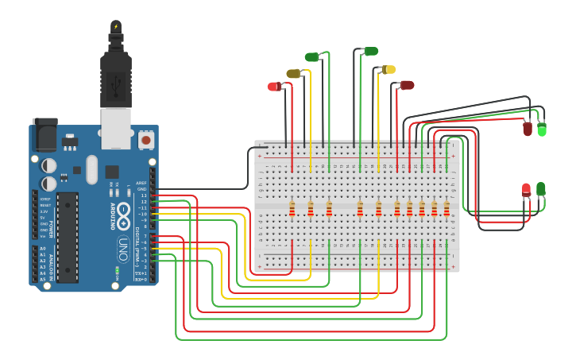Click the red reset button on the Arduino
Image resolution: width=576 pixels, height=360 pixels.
(x=145, y=140)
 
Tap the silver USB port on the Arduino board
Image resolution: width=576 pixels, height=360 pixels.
(x=116, y=128)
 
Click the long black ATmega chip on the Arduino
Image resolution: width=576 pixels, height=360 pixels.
(x=68, y=236)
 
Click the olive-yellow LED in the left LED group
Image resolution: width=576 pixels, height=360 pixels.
(x=293, y=74)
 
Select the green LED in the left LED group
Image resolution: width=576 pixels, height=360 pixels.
(x=312, y=56)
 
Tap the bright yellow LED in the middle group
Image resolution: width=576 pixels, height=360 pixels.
(x=389, y=70)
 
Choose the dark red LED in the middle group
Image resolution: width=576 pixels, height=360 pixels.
(x=407, y=85)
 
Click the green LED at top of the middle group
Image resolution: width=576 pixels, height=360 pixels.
(x=370, y=52)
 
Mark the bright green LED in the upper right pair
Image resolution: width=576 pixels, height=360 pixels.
(x=542, y=129)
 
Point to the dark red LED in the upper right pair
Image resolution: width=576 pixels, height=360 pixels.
(x=528, y=128)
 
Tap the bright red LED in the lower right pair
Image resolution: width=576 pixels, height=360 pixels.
(x=526, y=190)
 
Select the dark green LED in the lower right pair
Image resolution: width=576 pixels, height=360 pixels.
(x=541, y=189)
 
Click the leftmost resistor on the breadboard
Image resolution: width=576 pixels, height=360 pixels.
(x=292, y=209)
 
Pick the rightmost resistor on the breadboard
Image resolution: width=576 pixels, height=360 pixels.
(x=446, y=209)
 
